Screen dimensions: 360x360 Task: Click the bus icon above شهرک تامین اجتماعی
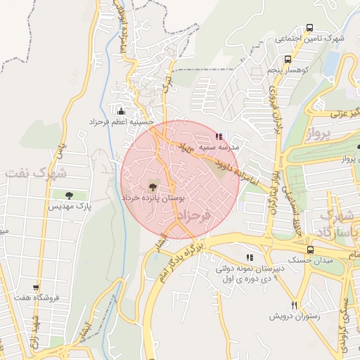click(x=309, y=27)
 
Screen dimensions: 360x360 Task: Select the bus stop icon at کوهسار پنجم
click(x=288, y=60)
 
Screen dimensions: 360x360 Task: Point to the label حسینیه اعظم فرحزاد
click(x=121, y=122)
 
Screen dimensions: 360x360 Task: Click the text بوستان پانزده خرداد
click(x=152, y=199)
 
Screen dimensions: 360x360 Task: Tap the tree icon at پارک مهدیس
click(x=68, y=195)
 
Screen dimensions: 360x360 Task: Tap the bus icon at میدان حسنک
click(x=310, y=250)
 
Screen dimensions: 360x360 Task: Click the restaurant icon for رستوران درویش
click(x=295, y=304)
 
